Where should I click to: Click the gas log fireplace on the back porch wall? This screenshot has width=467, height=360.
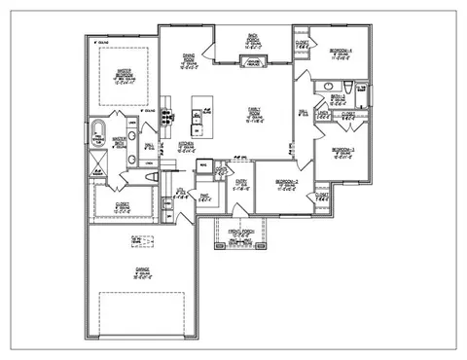(x=252, y=62)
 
